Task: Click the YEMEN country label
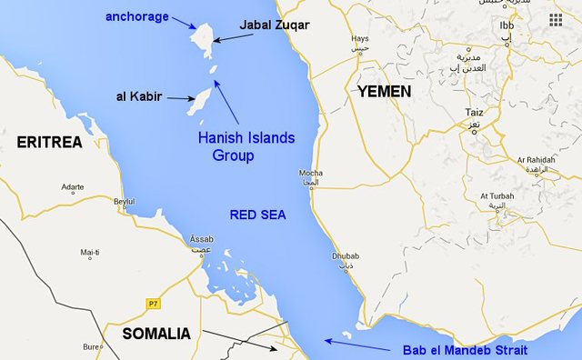(x=384, y=92)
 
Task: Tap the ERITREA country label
(x=49, y=143)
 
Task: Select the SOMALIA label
(x=156, y=334)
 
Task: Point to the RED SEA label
(x=257, y=215)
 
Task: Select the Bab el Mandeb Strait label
(x=464, y=350)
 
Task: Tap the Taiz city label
(x=473, y=115)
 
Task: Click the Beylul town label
(x=123, y=201)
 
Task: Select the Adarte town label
(x=72, y=187)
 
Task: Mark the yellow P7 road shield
(x=152, y=303)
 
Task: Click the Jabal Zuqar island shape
(x=203, y=40)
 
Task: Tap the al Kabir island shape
(x=199, y=101)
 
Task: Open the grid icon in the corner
(x=556, y=19)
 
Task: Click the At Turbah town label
(x=497, y=196)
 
